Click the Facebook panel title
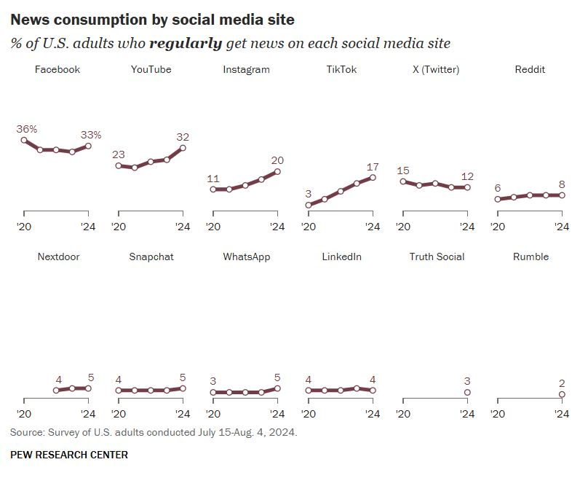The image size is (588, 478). [57, 70]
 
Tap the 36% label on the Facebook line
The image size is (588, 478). [27, 129]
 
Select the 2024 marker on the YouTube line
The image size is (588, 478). [183, 148]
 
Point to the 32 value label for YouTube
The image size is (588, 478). [183, 137]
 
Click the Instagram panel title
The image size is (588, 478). [246, 70]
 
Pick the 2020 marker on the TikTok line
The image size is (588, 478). [309, 205]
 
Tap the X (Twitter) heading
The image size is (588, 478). [435, 70]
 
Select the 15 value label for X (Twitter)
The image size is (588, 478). [403, 171]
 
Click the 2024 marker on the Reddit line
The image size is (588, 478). [562, 195]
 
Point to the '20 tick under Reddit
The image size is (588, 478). [497, 227]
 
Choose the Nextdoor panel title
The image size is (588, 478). [57, 256]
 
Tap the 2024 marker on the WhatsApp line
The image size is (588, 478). [277, 388]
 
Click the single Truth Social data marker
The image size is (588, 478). [467, 392]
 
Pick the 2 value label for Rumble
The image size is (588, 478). [562, 383]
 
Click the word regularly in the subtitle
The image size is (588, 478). [186, 43]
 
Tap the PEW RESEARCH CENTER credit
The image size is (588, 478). [69, 455]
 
